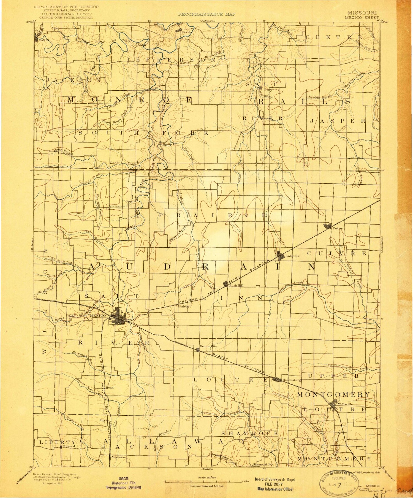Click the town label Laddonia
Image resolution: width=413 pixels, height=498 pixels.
click(x=292, y=256)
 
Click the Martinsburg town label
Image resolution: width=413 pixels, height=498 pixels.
click(x=292, y=380)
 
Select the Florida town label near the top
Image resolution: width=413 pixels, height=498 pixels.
click(x=186, y=32)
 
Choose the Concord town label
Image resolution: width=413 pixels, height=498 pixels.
click(x=69, y=446)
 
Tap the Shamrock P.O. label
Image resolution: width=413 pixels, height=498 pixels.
click(x=263, y=464)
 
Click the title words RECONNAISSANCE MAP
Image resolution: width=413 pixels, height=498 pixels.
click(x=206, y=14)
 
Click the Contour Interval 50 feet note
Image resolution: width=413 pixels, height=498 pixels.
click(x=206, y=486)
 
